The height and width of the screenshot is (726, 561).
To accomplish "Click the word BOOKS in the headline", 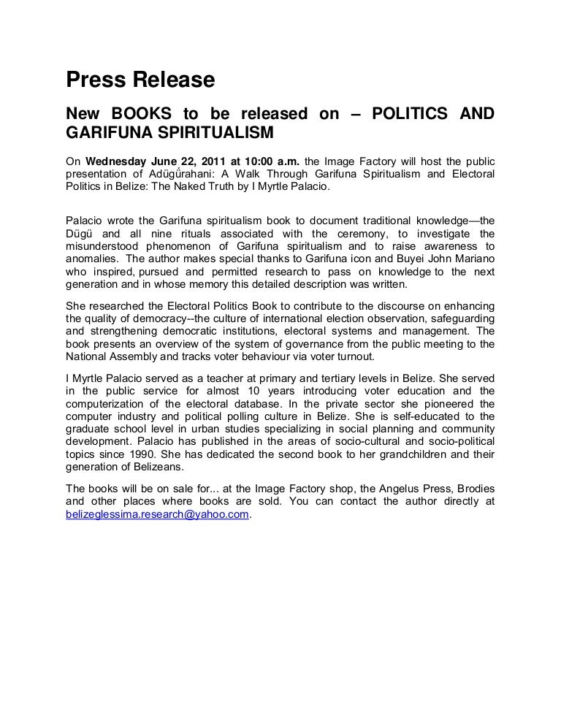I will [x=142, y=114].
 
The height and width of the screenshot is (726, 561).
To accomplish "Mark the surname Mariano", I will [x=473, y=259].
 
